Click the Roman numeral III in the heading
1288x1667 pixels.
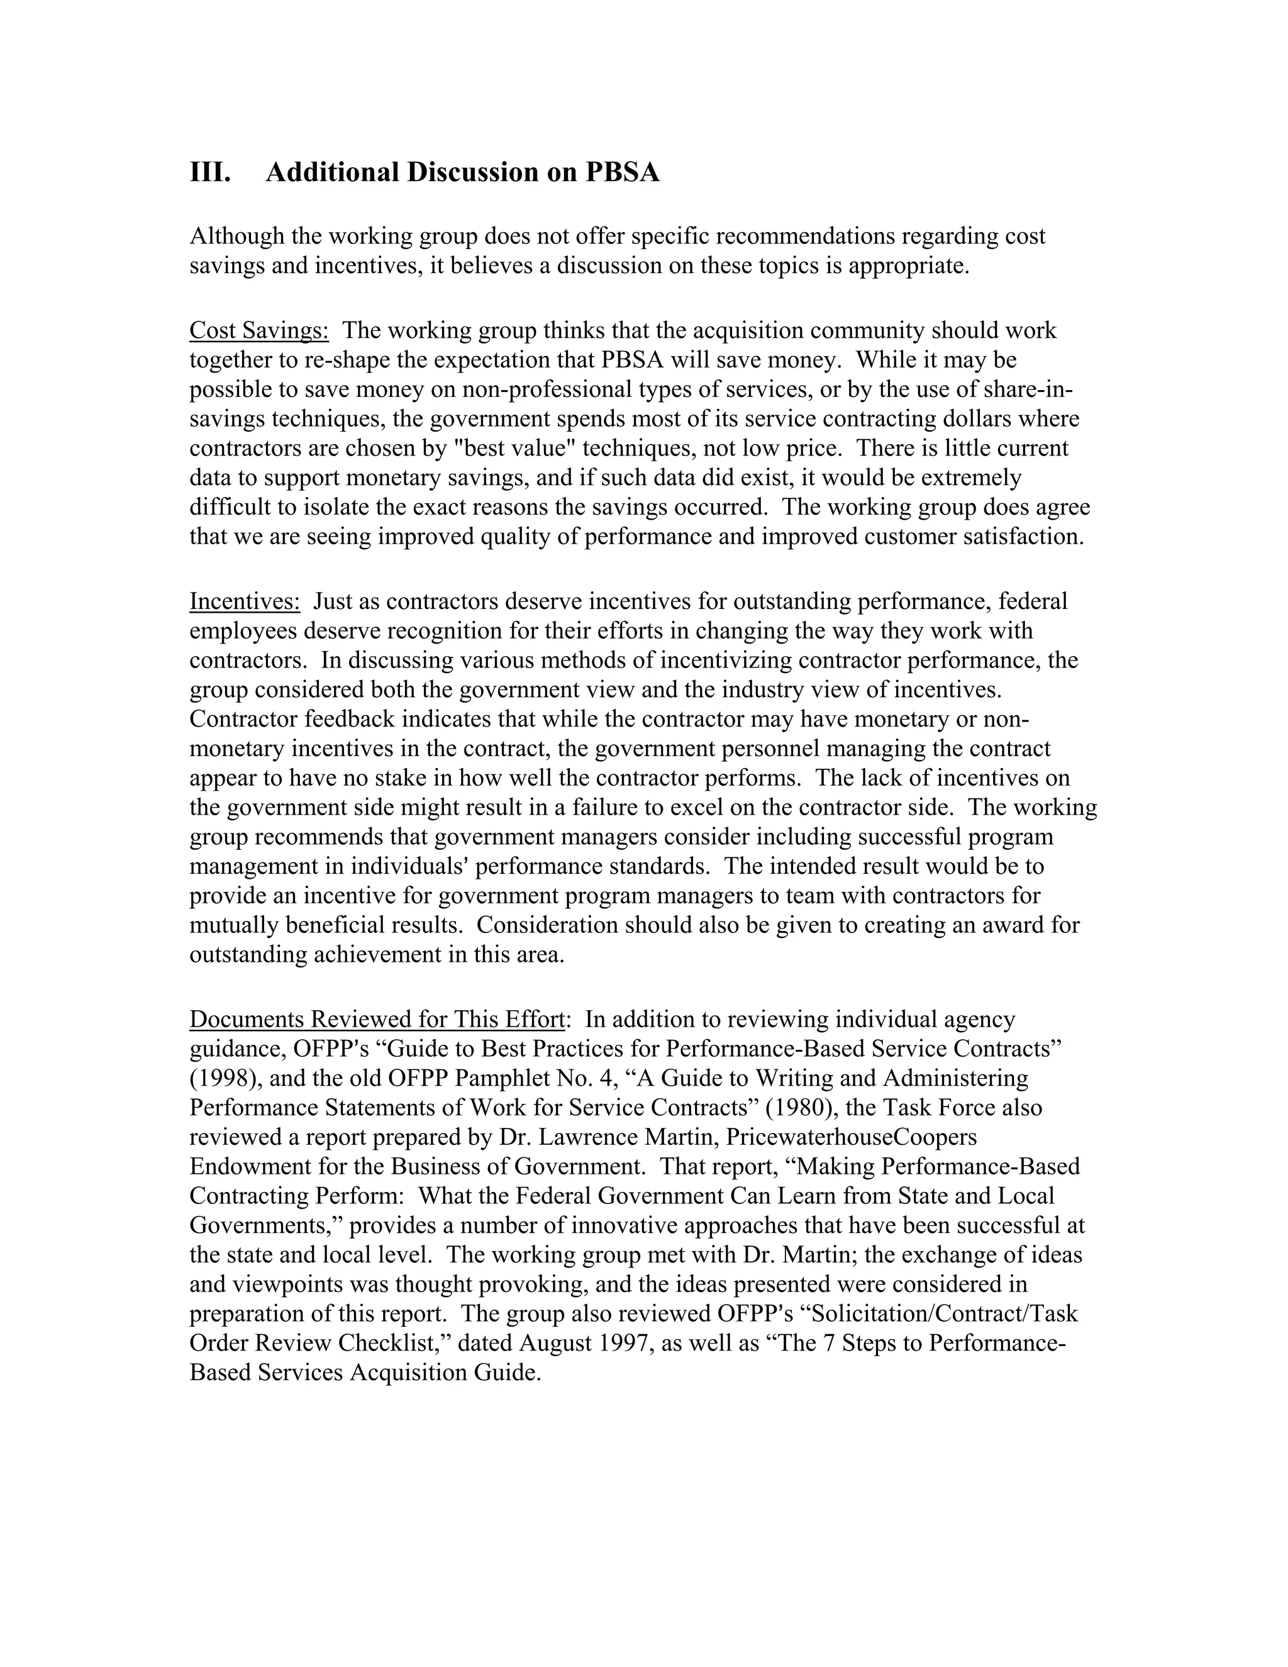210,172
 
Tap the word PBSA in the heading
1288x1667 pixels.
622,172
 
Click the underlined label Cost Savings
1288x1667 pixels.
258,330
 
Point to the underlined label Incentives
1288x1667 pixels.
245,601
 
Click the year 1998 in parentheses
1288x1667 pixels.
222,1078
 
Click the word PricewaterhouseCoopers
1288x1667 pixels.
851,1137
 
